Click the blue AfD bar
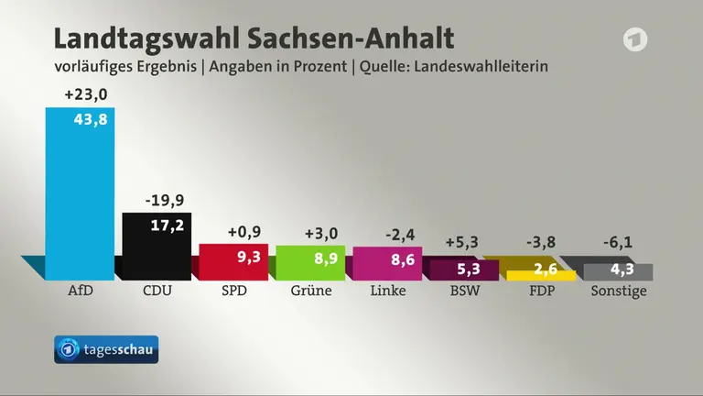[x=80, y=194]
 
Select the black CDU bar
[x=157, y=247]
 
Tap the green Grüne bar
[x=310, y=263]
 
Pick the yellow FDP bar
[x=541, y=276]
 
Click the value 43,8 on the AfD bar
[x=91, y=119]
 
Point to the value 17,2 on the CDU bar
[x=168, y=225]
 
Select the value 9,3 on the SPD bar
[x=249, y=257]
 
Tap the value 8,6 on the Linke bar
[x=403, y=259]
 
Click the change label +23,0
[x=86, y=94]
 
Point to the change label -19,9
[x=165, y=200]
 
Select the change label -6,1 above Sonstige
[x=618, y=242]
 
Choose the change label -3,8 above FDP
[x=541, y=242]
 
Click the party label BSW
[x=465, y=291]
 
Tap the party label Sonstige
[x=619, y=291]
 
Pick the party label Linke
[x=388, y=291]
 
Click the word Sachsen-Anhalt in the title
[x=351, y=38]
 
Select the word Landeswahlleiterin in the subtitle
[x=481, y=66]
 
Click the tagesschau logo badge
[x=106, y=349]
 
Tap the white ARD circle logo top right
[x=635, y=39]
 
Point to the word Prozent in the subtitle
[x=320, y=66]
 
